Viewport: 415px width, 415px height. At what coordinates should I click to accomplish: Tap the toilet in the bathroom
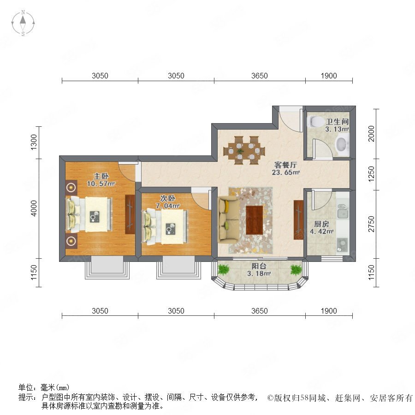[316, 121]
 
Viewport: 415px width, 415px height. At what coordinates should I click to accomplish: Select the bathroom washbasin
[342, 144]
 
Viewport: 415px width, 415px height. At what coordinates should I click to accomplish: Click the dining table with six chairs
[244, 150]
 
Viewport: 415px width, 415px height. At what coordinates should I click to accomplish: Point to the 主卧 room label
[101, 176]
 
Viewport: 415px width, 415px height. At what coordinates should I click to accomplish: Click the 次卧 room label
[167, 198]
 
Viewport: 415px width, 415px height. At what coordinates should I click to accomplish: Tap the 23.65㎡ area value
[285, 172]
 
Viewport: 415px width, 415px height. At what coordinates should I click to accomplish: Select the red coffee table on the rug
[255, 220]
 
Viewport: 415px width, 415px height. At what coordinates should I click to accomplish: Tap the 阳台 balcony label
[259, 266]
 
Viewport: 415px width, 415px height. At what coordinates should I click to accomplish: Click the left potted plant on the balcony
[224, 270]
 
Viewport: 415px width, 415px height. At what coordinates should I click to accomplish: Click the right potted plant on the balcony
[296, 270]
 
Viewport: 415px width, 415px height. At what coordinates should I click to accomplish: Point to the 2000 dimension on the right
[372, 134]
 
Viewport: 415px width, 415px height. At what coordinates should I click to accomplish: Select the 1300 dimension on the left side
[34, 142]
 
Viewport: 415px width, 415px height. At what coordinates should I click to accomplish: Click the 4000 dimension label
[34, 208]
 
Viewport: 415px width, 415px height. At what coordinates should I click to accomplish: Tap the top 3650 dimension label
[259, 76]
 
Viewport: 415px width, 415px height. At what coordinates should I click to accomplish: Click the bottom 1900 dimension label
[329, 311]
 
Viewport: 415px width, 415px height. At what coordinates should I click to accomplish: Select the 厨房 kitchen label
[321, 224]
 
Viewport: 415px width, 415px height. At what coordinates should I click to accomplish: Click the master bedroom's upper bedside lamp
[71, 188]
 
